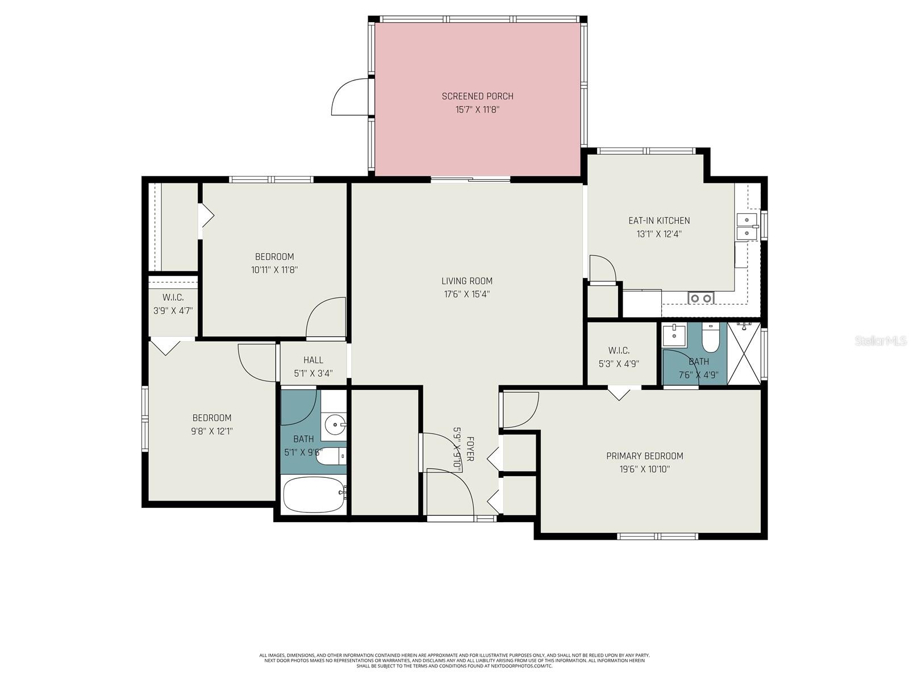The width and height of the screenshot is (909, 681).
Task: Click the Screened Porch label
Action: [477, 96]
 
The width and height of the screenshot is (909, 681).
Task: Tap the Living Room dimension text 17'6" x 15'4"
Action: [466, 294]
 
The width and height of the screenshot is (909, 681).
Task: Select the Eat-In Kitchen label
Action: [658, 221]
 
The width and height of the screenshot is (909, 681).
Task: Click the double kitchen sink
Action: [747, 226]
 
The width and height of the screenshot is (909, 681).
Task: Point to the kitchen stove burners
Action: [700, 298]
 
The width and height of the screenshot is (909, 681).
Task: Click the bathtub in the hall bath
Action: [313, 494]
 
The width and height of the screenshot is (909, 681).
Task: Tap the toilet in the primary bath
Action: [710, 339]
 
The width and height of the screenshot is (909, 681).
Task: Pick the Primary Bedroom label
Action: [644, 456]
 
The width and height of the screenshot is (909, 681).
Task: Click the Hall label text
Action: [313, 360]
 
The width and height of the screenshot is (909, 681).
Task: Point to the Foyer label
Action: [470, 448]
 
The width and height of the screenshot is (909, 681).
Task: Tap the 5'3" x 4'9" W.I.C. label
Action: [619, 364]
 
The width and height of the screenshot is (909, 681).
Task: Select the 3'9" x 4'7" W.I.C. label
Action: [173, 311]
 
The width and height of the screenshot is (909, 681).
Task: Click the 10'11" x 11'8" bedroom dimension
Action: [274, 270]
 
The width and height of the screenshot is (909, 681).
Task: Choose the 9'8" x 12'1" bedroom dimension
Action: [212, 431]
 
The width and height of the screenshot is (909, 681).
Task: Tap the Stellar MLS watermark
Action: [880, 341]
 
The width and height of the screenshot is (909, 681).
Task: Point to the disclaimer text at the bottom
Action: [454, 661]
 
